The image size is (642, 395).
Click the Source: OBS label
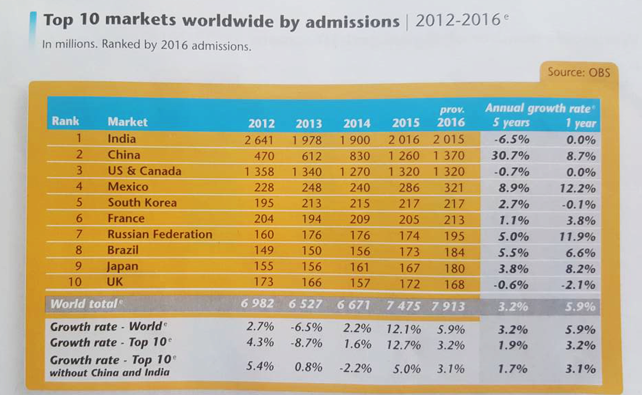click(x=579, y=72)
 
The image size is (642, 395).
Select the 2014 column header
click(x=357, y=123)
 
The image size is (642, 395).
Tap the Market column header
click(x=127, y=122)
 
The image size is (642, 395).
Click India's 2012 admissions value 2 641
click(x=259, y=140)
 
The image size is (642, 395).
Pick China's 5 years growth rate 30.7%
click(x=510, y=156)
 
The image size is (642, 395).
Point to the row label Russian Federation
click(x=160, y=234)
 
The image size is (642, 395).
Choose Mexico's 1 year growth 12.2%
click(x=577, y=188)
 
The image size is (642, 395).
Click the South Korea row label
click(x=142, y=203)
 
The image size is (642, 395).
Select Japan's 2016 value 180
click(x=454, y=268)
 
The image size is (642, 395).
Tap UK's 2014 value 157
click(x=360, y=283)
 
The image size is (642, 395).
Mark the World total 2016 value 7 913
click(x=448, y=306)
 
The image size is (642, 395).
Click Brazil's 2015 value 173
click(x=409, y=252)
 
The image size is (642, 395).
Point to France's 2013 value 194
click(x=311, y=219)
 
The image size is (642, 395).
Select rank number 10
click(x=75, y=281)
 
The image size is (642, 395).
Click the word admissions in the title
click(x=352, y=22)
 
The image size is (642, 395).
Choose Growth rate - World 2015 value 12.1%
click(x=403, y=329)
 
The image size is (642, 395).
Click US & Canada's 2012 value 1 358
click(x=259, y=172)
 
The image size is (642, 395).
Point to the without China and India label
click(x=110, y=373)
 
